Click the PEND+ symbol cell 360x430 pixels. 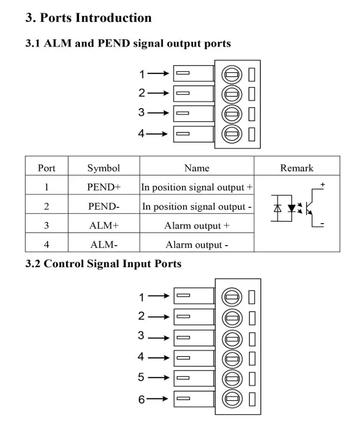104,187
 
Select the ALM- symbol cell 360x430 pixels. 104,244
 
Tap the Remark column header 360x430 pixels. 297,168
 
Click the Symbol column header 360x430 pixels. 104,168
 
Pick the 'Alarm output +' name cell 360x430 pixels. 197,226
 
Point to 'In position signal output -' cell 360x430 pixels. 197,206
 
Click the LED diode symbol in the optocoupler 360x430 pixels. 292,208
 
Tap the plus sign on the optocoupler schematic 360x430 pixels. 323,184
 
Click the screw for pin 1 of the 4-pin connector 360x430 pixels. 232,74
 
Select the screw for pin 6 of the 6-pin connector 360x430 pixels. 232,399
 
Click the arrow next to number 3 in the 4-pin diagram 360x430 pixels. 158,113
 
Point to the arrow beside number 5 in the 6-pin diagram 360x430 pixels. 158,378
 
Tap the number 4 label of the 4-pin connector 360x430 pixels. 141,133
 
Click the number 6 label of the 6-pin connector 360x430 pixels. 141,399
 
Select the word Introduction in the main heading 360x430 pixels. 113,18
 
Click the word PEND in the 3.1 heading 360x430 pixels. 114,44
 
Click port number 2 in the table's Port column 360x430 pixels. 47,206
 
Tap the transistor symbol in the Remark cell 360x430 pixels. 312,208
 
